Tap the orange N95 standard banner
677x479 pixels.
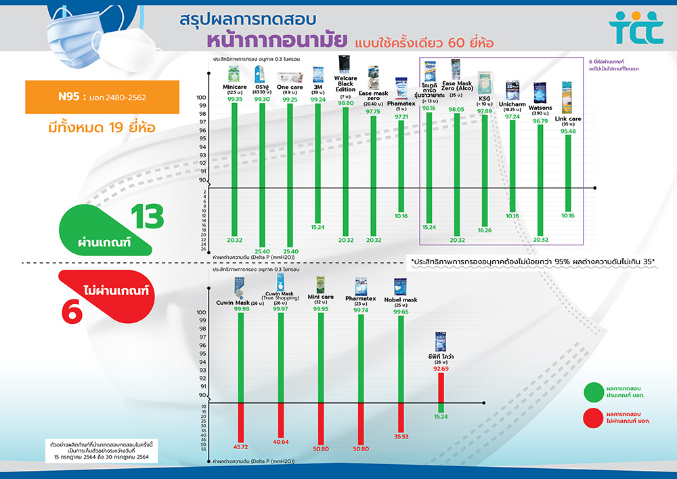coord(102,97)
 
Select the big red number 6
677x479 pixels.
coord(72,311)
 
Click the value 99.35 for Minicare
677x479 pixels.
coord(235,100)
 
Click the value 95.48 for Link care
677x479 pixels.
coord(567,131)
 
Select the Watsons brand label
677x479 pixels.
coord(540,108)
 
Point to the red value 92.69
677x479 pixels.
coord(441,369)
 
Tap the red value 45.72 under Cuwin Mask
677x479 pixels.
coord(241,447)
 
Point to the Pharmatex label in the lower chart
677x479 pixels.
coord(360,298)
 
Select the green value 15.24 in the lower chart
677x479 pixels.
coord(441,417)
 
